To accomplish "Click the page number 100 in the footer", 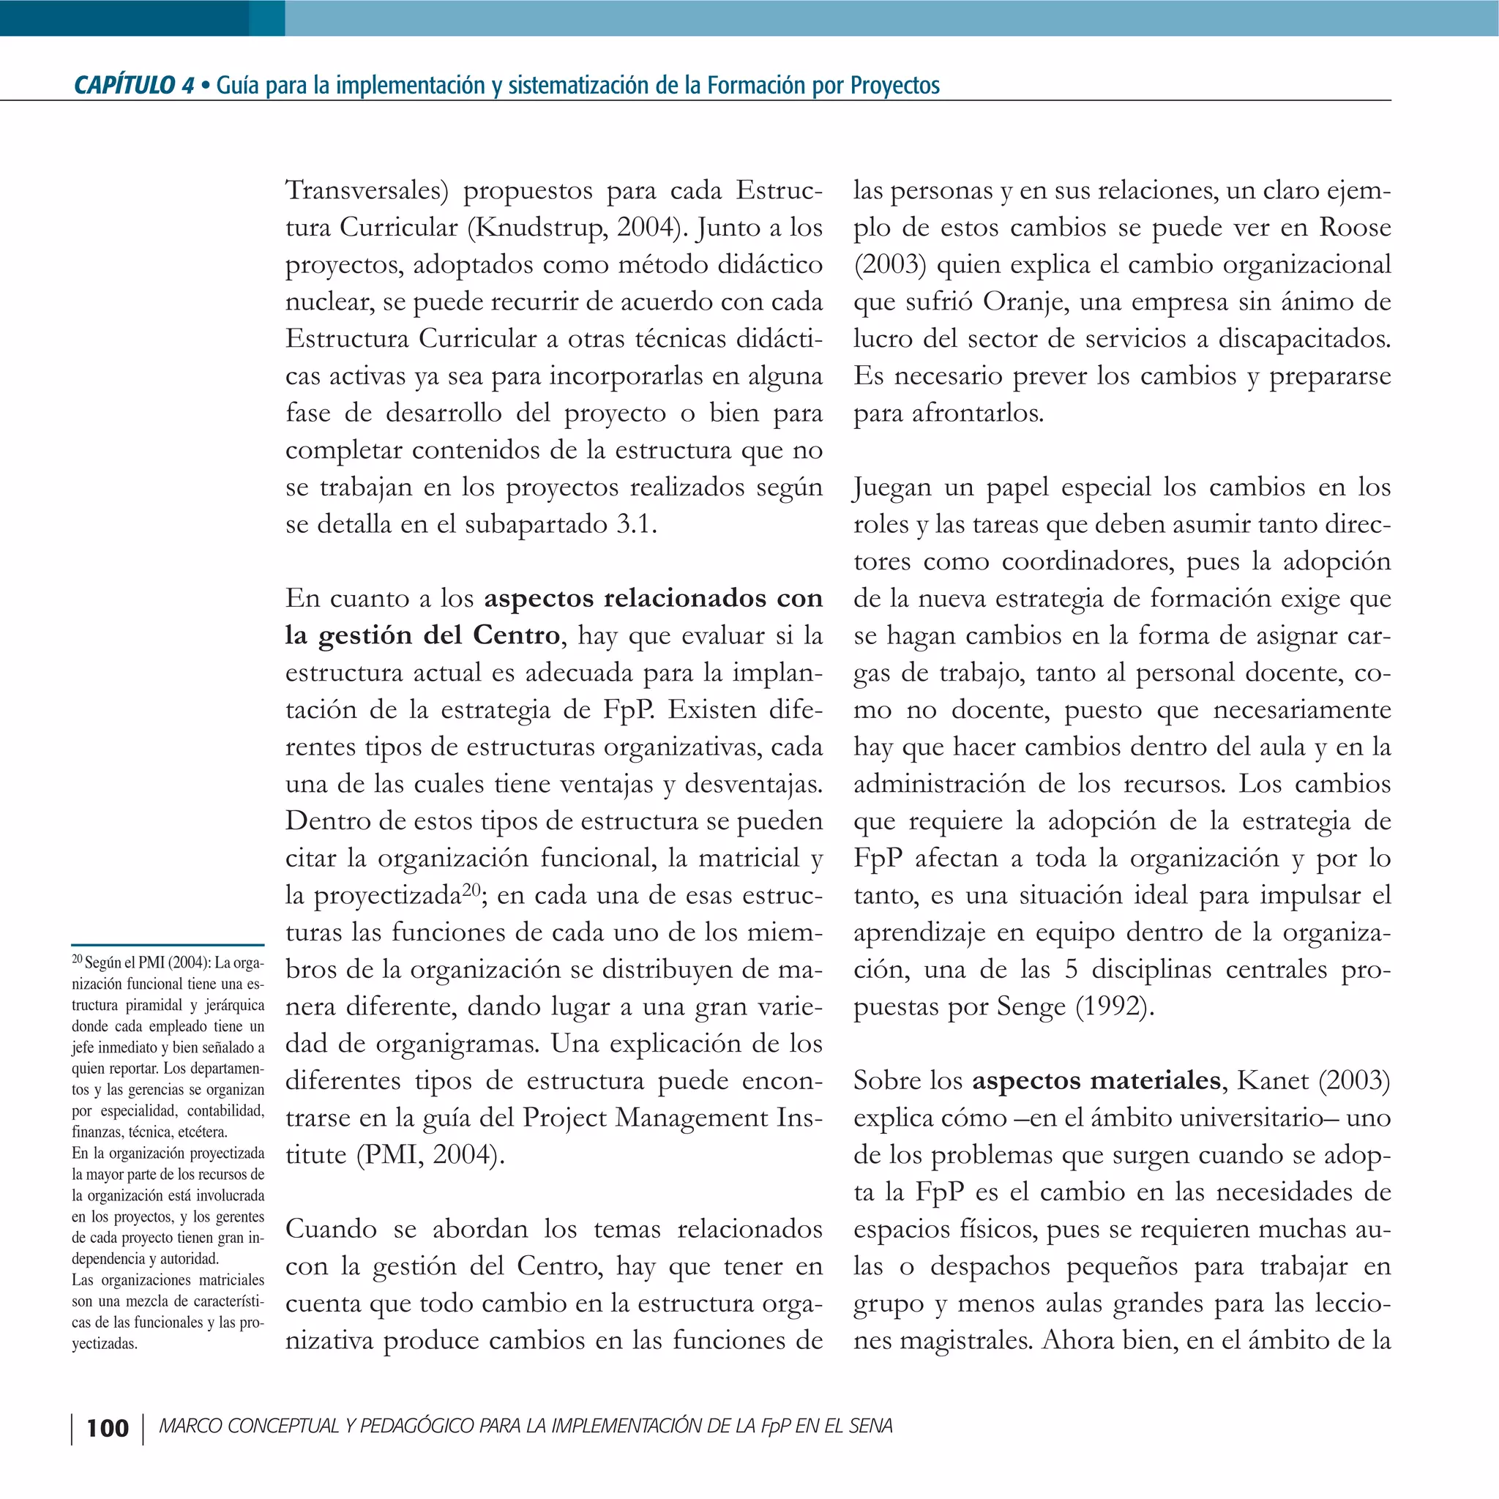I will tap(107, 1427).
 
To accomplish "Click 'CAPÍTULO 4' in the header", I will tap(133, 86).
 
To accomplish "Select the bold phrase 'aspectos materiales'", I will tap(1096, 1081).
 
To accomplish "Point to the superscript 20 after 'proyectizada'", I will tap(472, 889).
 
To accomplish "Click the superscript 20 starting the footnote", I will tap(77, 960).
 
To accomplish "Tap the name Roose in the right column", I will tap(1355, 228).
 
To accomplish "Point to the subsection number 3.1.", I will tap(635, 525).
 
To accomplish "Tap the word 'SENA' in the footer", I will tap(870, 1427).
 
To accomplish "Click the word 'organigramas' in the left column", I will tap(457, 1044).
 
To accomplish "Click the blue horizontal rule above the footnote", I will tap(168, 945).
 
